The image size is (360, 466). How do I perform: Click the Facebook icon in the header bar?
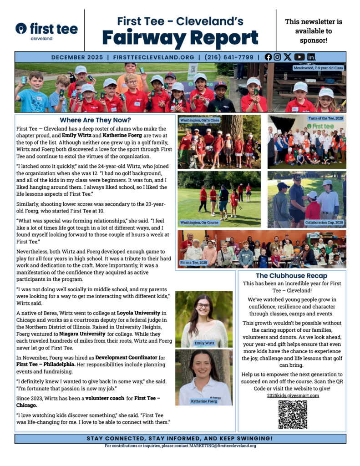pos(268,57)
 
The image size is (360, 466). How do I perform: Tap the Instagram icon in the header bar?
pos(277,57)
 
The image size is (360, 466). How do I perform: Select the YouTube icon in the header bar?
pos(299,57)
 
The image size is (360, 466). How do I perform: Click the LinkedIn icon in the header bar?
pos(311,57)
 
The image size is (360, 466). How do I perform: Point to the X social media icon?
pos(288,57)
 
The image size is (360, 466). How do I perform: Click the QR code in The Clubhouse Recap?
pos(292,415)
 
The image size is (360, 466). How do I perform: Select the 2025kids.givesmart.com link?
pos(293,395)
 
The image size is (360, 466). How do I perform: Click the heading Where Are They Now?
pos(95,120)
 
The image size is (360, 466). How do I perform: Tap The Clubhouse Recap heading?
pos(291,275)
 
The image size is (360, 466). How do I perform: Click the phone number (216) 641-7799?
pos(228,57)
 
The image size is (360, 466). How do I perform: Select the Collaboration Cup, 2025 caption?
pos(324,223)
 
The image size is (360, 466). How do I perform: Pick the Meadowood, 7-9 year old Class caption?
pos(318,68)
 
